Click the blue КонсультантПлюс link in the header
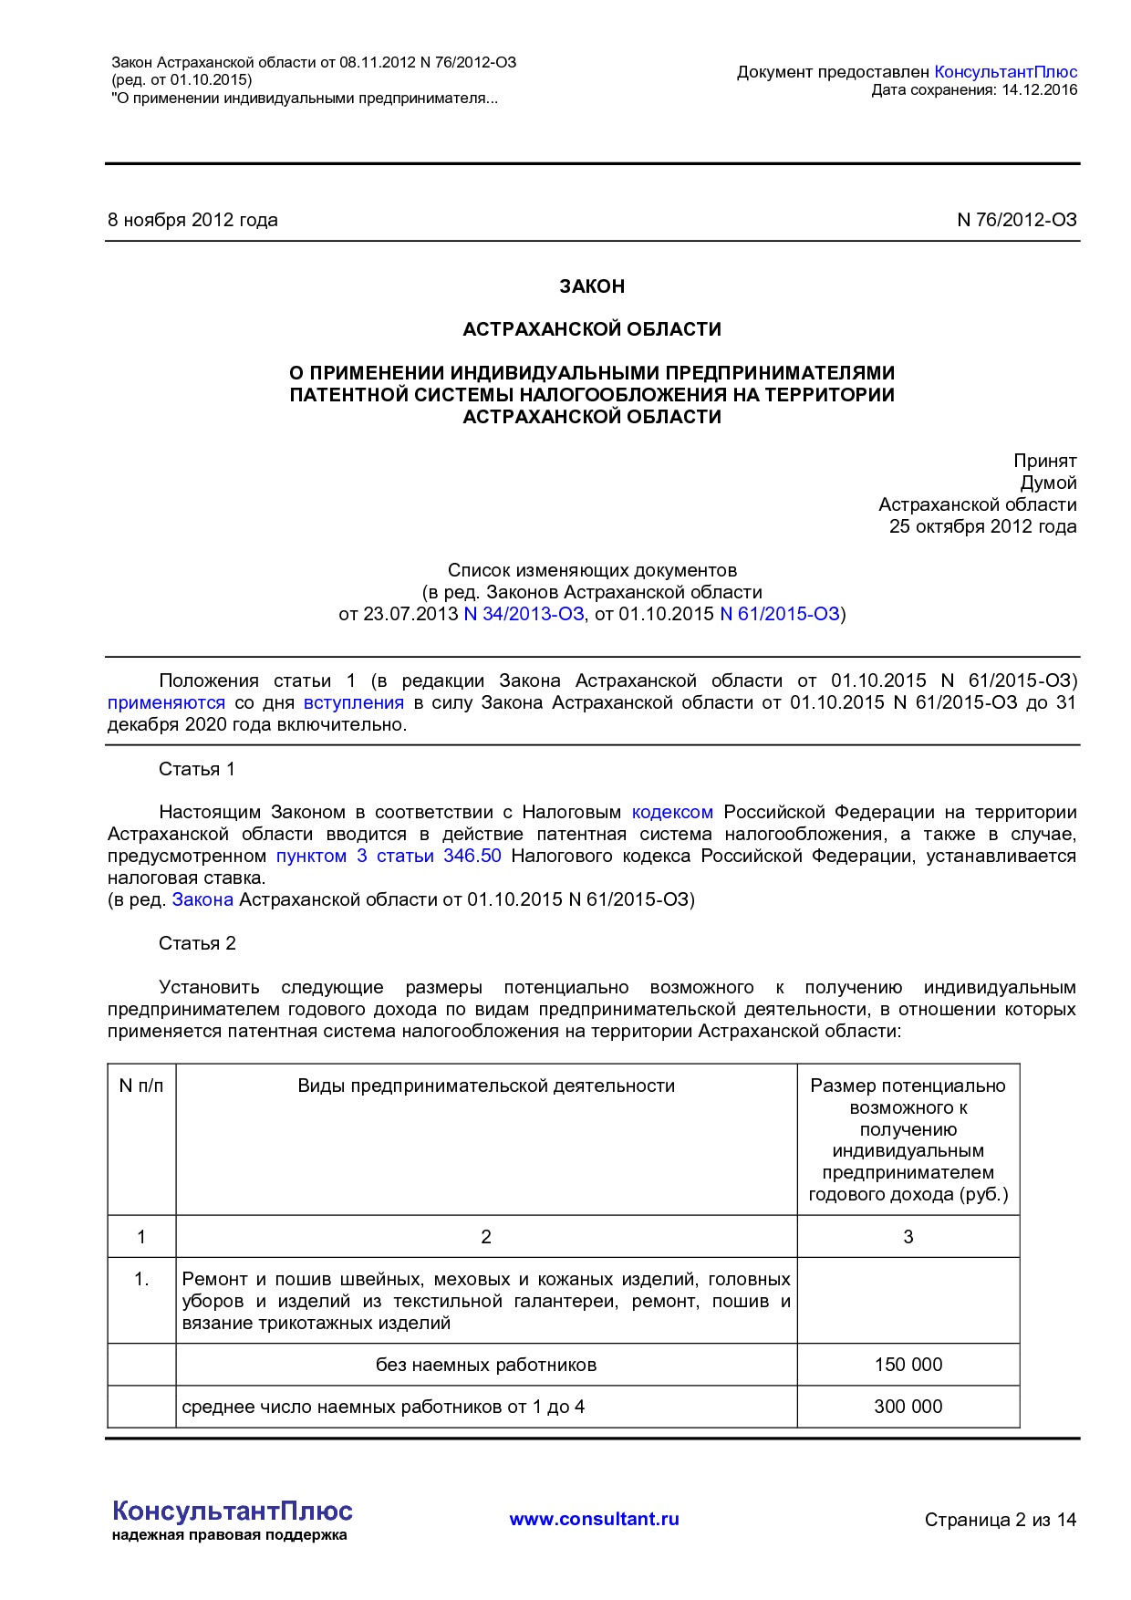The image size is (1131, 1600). pos(1005,72)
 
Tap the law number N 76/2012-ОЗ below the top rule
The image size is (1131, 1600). pos(1016,220)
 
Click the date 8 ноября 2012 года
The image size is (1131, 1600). pos(192,220)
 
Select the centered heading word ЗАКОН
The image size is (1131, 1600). pos(592,286)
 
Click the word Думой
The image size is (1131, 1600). pos(1048,483)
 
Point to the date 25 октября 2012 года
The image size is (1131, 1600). pos(982,526)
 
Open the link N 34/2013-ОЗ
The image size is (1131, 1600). pos(524,614)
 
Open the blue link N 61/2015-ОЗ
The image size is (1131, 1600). pos(779,614)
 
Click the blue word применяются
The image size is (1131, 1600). pos(166,702)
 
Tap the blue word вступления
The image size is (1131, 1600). pos(353,702)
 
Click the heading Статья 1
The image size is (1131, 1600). pos(196,769)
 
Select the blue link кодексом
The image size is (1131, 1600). pos(672,812)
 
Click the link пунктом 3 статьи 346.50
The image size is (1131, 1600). pos(389,856)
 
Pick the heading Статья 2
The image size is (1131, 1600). pos(197,943)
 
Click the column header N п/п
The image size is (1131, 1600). pos(141,1086)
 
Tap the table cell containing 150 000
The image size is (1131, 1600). pos(908,1365)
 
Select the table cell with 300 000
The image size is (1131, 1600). pos(908,1407)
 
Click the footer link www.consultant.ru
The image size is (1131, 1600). pos(594,1519)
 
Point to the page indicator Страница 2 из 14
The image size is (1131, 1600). pos(1000,1520)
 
